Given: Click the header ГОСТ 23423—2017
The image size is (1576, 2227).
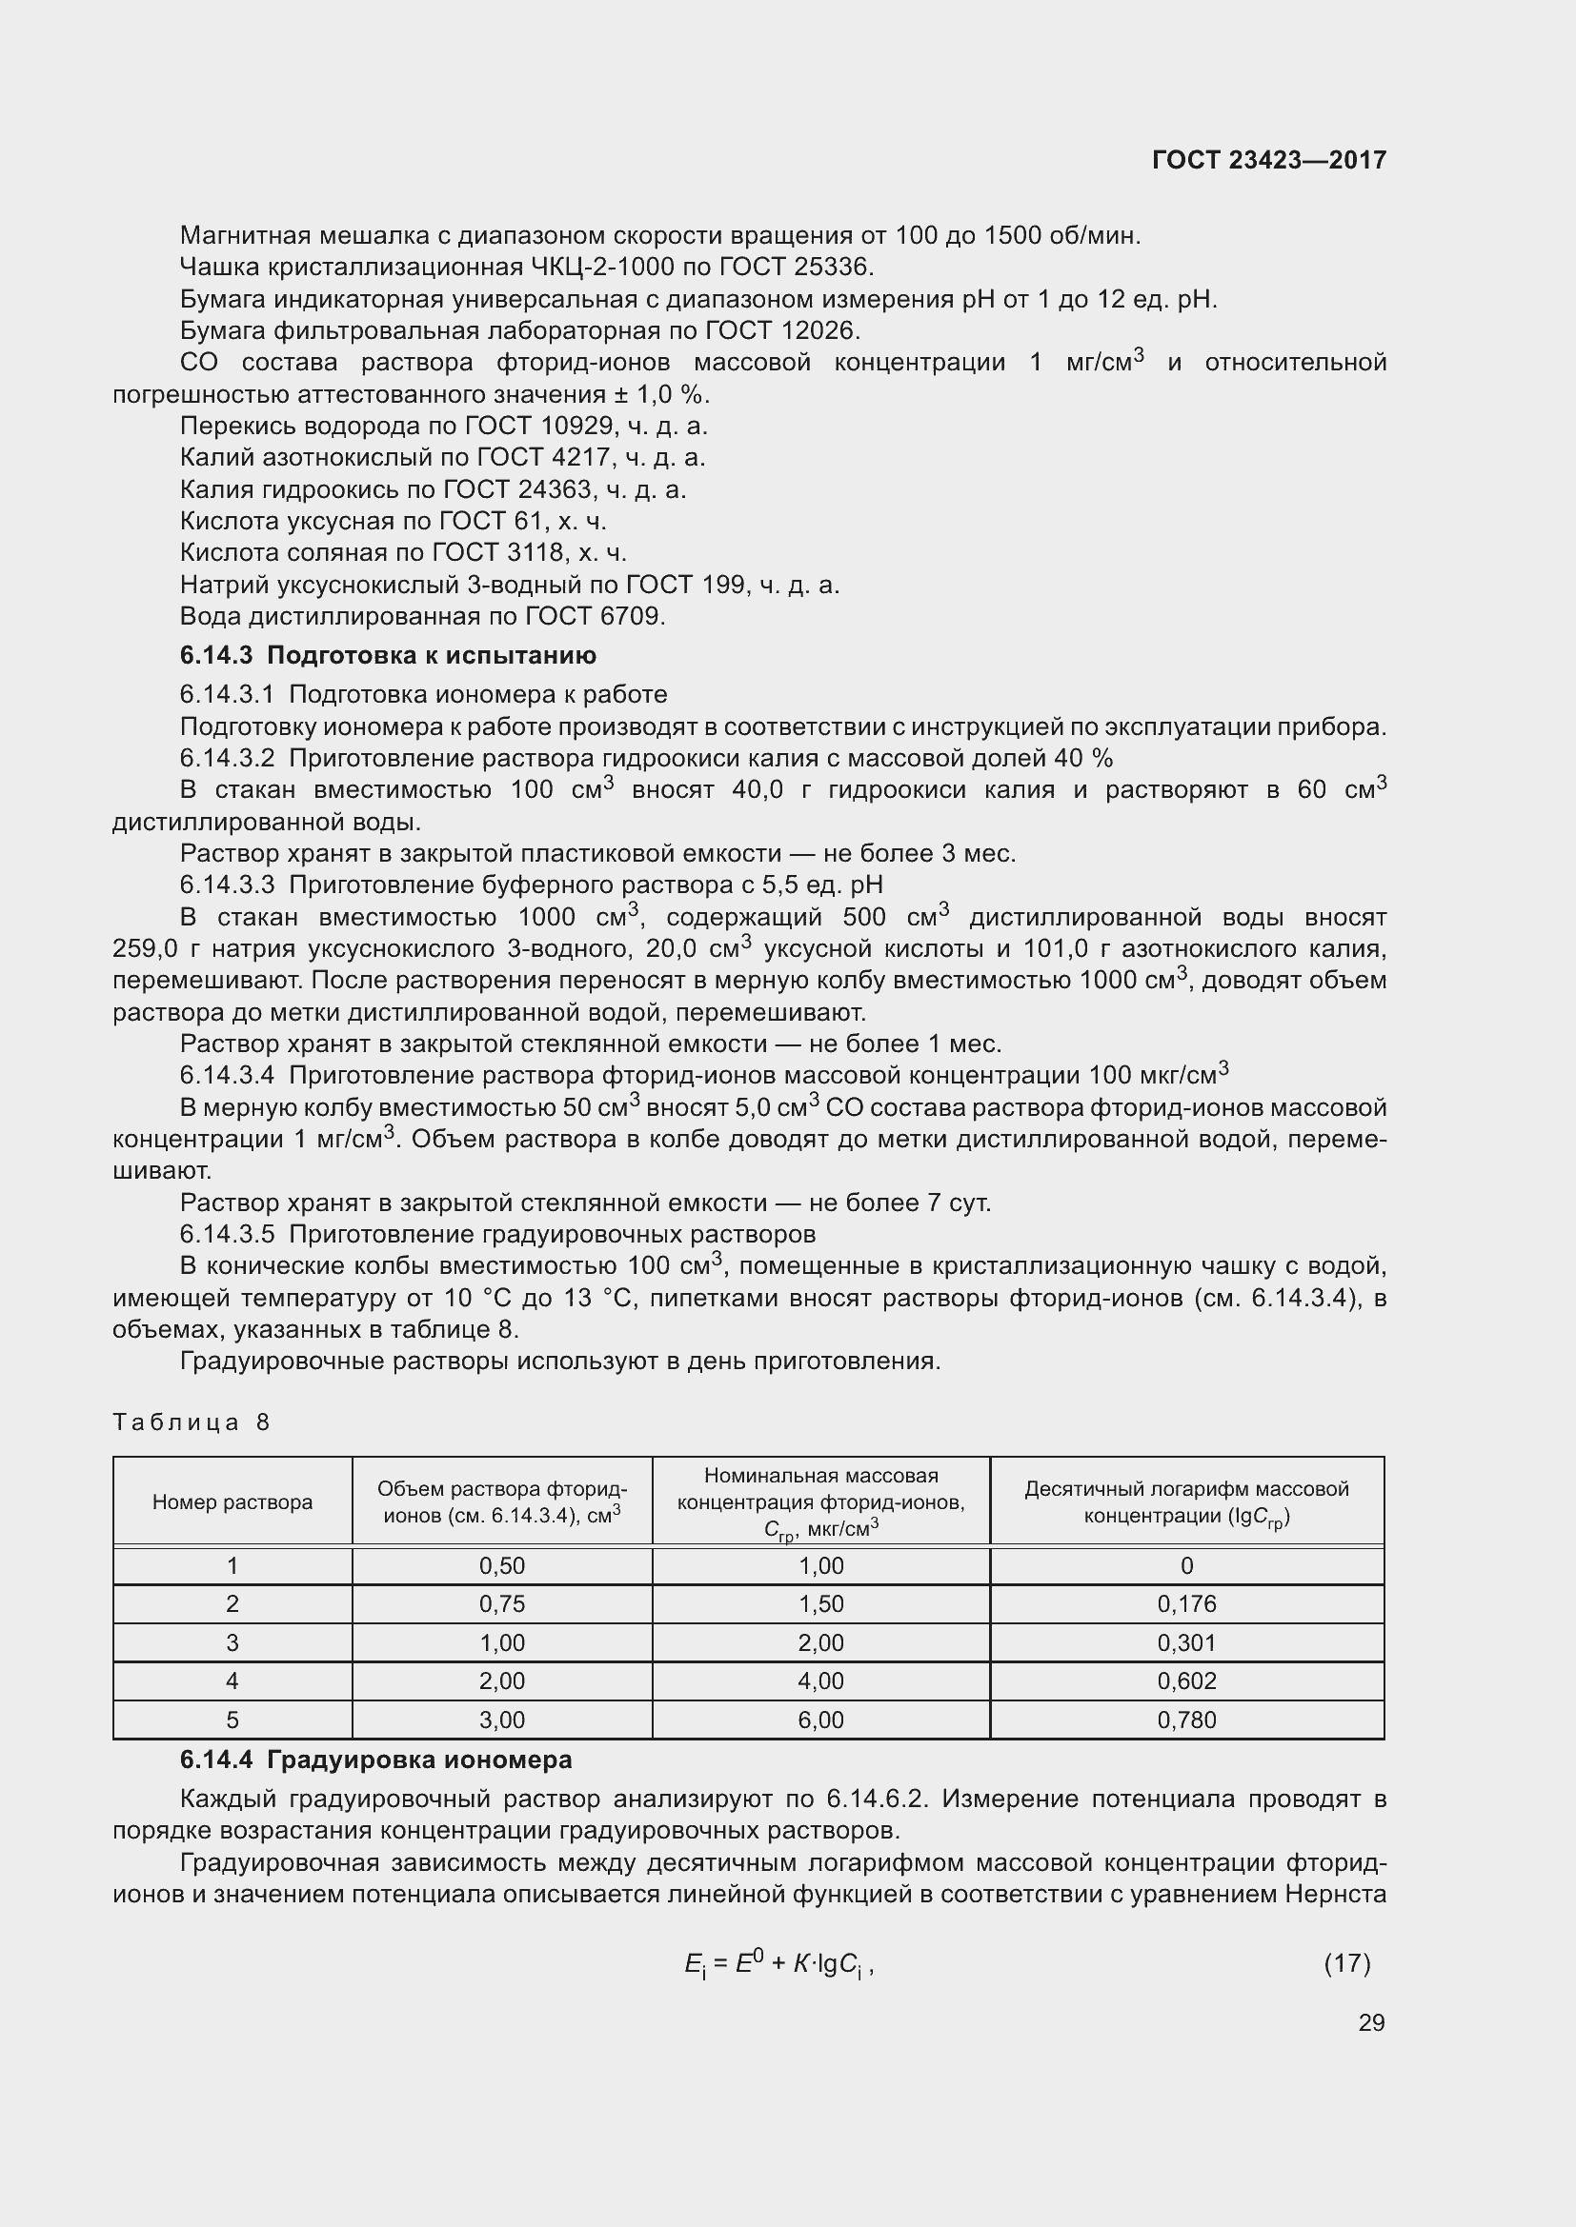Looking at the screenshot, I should pyautogui.click(x=1268, y=160).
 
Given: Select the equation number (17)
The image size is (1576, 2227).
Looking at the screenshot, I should pyautogui.click(x=1347, y=1963).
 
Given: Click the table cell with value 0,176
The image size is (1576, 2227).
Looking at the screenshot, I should pyautogui.click(x=1186, y=1603).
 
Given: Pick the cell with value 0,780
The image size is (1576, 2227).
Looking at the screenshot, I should pyautogui.click(x=1186, y=1720).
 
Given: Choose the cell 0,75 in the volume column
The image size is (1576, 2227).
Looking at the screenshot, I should pyautogui.click(x=502, y=1603).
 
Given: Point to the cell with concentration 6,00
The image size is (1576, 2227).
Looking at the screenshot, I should pyautogui.click(x=821, y=1720).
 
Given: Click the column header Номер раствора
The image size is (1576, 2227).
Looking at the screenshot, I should pyautogui.click(x=232, y=1501).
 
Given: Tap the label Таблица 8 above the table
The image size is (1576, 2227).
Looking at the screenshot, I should pyautogui.click(x=192, y=1422).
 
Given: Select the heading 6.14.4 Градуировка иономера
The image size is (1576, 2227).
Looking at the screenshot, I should pyautogui.click(x=375, y=1760).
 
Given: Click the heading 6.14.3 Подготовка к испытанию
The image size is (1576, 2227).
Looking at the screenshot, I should pyautogui.click(x=388, y=655).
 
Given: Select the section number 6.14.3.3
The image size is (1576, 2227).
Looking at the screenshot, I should pyautogui.click(x=227, y=885).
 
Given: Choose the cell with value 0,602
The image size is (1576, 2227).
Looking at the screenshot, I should pyautogui.click(x=1186, y=1680).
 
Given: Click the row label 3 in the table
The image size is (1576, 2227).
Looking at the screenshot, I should pyautogui.click(x=232, y=1642).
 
